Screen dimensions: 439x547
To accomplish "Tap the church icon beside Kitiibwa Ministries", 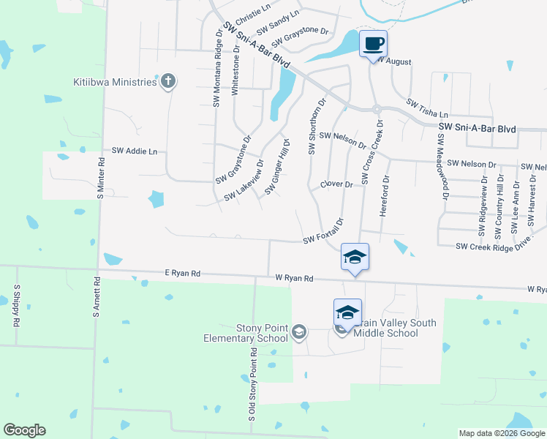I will pyautogui.click(x=168, y=81).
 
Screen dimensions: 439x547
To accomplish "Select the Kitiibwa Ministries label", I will pyautogui.click(x=115, y=82).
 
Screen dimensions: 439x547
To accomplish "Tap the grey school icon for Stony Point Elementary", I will pyautogui.click(x=298, y=333).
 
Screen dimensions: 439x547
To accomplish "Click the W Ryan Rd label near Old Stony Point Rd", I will pyautogui.click(x=294, y=278).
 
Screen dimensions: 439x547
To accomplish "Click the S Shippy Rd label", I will pyautogui.click(x=15, y=305).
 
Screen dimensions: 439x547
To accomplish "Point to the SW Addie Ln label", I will pyautogui.click(x=134, y=151).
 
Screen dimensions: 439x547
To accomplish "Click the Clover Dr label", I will pyautogui.click(x=336, y=185).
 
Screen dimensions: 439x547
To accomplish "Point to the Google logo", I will pyautogui.click(x=24, y=430).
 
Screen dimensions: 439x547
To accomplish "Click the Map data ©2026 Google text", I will pyautogui.click(x=502, y=433).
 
